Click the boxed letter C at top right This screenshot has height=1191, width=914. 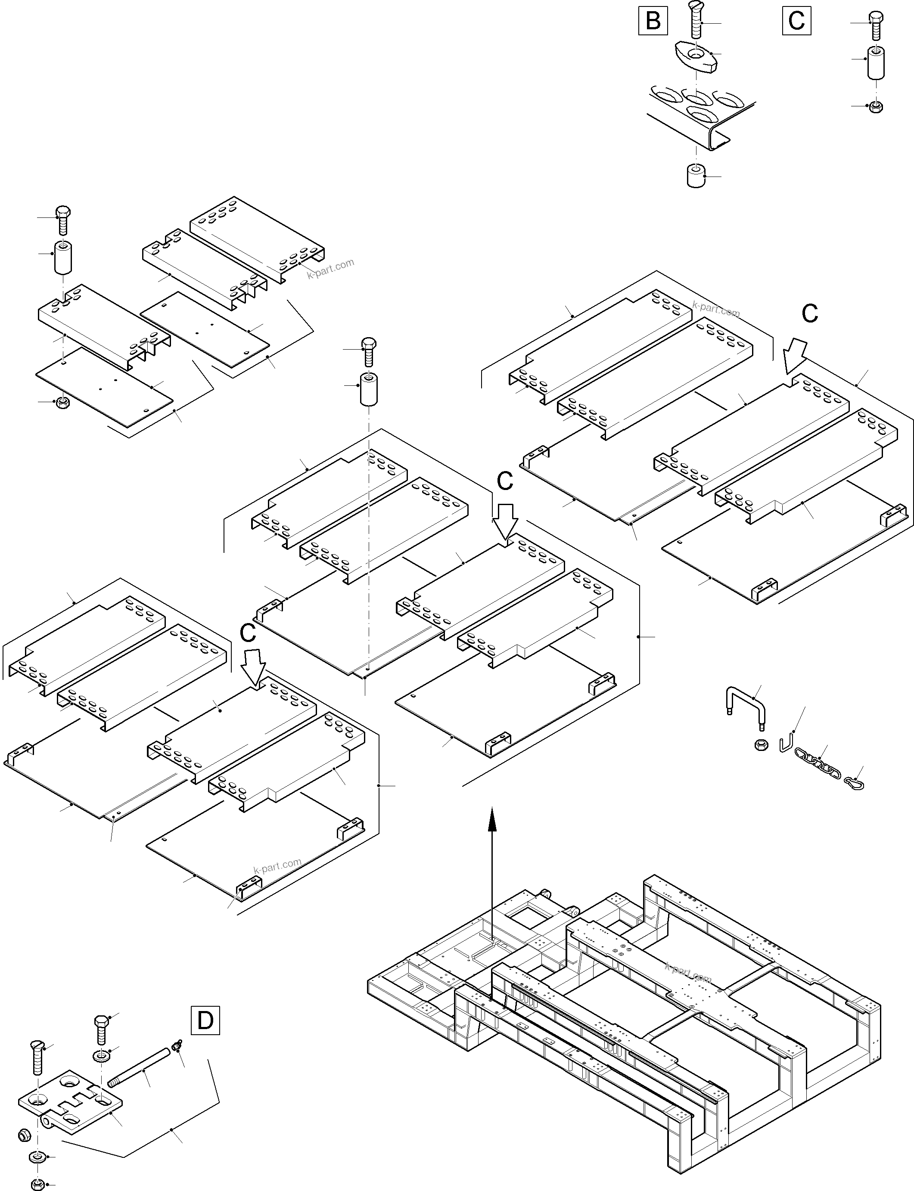(796, 21)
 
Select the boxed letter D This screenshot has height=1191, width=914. (205, 1021)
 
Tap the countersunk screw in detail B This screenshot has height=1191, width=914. (695, 22)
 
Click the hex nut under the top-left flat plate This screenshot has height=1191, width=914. (62, 403)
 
